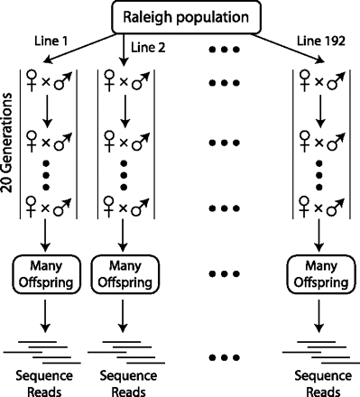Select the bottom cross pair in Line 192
point(321,210)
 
